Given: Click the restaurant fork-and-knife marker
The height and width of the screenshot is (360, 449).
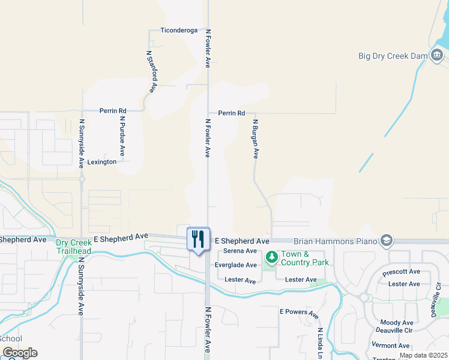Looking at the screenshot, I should (198, 239).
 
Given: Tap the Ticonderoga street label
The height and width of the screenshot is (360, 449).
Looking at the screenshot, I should (179, 30).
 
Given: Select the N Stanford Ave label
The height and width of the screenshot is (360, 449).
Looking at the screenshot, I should (151, 71).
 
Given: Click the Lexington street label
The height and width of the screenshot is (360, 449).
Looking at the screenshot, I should (102, 162).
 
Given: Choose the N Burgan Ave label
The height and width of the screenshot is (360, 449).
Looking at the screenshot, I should (255, 139).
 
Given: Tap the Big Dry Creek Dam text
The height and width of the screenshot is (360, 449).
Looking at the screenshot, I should (393, 56).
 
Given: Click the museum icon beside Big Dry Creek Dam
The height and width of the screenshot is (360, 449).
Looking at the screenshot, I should (436, 56).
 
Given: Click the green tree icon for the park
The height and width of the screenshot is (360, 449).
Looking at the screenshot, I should (271, 257).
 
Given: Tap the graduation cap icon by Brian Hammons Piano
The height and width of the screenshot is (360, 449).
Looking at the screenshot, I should (386, 241).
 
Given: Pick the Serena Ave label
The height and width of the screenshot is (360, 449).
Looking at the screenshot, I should (240, 251).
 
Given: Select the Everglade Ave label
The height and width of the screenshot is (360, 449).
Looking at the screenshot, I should (236, 265).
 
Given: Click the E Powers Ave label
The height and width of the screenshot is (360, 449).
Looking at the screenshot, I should (298, 312).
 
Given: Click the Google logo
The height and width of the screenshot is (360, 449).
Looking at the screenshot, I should (19, 353).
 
